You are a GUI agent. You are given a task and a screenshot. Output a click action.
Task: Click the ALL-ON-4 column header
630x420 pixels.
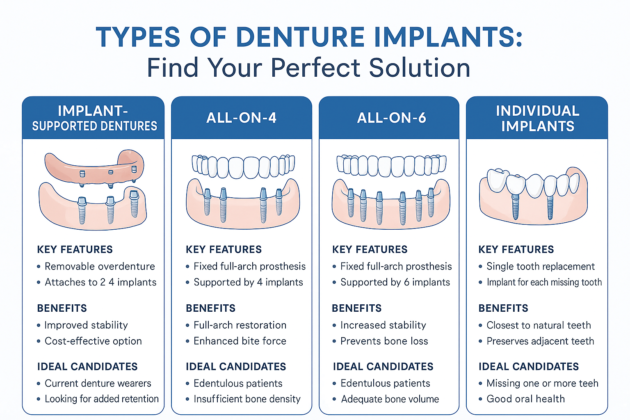tap(241, 118)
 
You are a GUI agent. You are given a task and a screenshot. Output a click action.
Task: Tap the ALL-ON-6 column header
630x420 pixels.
tap(391, 118)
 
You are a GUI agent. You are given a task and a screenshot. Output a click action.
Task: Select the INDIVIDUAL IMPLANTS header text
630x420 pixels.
tap(537, 118)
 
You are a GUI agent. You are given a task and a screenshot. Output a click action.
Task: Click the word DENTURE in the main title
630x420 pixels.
tap(300, 37)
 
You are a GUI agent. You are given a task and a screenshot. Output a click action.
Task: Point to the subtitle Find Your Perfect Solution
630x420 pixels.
tap(308, 68)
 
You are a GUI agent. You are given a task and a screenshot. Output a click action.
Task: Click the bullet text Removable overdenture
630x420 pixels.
tap(100, 266)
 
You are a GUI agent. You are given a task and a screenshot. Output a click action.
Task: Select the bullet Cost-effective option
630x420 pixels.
tap(93, 341)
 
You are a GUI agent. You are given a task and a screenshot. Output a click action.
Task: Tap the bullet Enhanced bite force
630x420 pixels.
tap(240, 341)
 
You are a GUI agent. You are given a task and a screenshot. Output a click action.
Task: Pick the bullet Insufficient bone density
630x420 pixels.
tap(247, 399)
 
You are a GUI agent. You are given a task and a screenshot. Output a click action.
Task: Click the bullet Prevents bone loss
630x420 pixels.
tap(384, 341)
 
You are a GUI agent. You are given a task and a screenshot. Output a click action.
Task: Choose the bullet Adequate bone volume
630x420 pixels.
tap(390, 399)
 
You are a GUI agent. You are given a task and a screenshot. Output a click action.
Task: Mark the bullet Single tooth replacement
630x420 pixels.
tap(541, 266)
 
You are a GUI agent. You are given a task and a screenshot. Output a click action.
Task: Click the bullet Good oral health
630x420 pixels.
tap(526, 399)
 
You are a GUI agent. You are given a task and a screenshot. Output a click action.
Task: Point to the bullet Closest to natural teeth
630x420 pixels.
tap(539, 325)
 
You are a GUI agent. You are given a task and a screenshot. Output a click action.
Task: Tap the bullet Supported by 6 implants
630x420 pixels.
tap(395, 282)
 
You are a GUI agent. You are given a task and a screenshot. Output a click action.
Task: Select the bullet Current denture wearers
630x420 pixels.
tap(98, 383)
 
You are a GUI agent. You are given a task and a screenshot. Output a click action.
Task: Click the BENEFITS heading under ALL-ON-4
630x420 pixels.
tap(210, 308)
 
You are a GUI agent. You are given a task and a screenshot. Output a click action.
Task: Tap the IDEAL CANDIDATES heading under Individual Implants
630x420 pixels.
tap(529, 366)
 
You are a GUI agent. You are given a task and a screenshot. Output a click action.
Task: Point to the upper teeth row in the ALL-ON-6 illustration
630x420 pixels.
tap(391, 165)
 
